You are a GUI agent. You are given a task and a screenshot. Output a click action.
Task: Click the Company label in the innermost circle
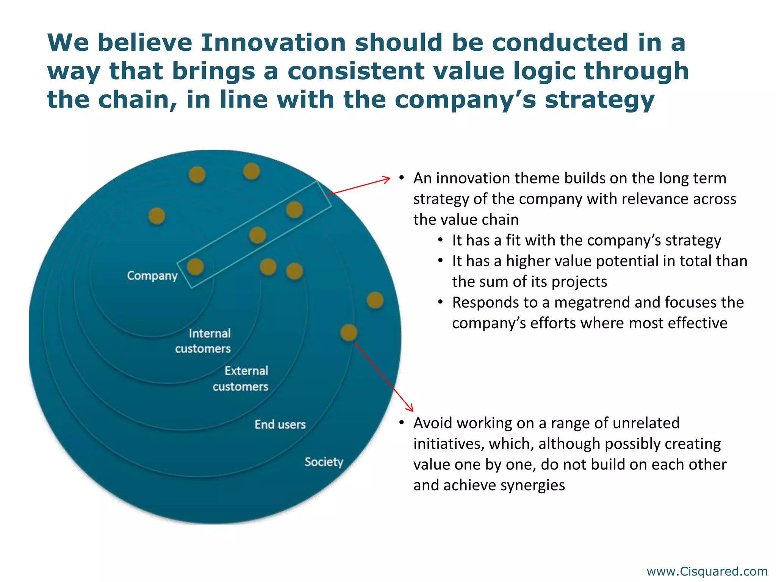pyautogui.click(x=152, y=275)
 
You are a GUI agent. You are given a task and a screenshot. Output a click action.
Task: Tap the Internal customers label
pyautogui.click(x=203, y=341)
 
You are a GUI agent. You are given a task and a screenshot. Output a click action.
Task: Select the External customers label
pyautogui.click(x=241, y=378)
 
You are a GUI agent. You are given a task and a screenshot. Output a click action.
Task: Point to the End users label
pyautogui.click(x=280, y=424)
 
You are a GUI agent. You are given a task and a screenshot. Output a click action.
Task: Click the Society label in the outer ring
pyautogui.click(x=324, y=462)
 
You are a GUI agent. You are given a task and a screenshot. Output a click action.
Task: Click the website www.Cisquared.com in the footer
pyautogui.click(x=707, y=571)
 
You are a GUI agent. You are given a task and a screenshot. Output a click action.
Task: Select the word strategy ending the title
pyautogui.click(x=599, y=100)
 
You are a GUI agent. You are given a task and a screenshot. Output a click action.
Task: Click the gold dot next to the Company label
pyautogui.click(x=196, y=267)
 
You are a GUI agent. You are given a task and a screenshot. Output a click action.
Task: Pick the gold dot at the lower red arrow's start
pyautogui.click(x=349, y=333)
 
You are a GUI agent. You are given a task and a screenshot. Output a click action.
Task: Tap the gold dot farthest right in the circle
pyautogui.click(x=375, y=300)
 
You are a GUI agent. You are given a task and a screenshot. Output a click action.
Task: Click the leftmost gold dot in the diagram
pyautogui.click(x=156, y=216)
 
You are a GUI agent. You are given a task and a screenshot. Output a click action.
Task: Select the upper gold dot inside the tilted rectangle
pyautogui.click(x=294, y=210)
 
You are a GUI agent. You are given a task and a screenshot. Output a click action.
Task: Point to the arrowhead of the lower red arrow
pyautogui.click(x=411, y=409)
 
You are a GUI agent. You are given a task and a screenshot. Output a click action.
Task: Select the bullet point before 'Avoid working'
pyautogui.click(x=402, y=423)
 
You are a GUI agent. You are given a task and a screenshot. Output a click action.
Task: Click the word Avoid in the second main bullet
pyautogui.click(x=432, y=423)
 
